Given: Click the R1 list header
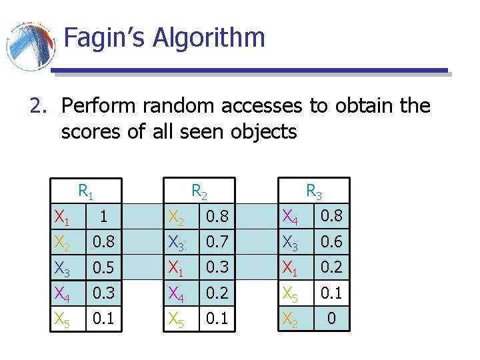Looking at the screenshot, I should (86, 193).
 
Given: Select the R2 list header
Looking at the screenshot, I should (199, 193).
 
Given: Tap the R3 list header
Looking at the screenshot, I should (314, 193).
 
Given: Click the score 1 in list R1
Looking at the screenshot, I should (103, 217).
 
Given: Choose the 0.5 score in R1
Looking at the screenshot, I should (103, 268).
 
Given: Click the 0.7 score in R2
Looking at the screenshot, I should (217, 242).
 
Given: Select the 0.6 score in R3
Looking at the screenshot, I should (331, 242).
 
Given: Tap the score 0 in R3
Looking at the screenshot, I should (331, 319).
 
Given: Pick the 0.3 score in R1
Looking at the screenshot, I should (103, 293).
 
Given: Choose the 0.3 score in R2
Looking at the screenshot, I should (217, 268).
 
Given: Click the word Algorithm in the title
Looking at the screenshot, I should (209, 38).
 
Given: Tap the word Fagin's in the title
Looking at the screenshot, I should (105, 37).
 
